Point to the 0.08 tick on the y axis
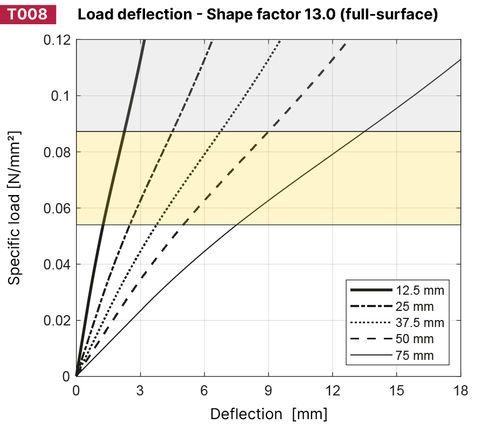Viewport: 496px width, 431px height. (58, 152)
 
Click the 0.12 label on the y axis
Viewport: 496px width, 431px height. (58, 40)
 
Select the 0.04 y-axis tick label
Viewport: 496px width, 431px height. (58, 264)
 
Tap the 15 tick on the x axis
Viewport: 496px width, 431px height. (396, 390)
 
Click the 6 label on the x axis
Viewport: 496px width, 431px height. (204, 390)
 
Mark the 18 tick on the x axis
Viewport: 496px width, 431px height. (460, 390)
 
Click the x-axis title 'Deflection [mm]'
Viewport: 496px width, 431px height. (268, 414)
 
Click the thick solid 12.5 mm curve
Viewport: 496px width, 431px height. (114, 178)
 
